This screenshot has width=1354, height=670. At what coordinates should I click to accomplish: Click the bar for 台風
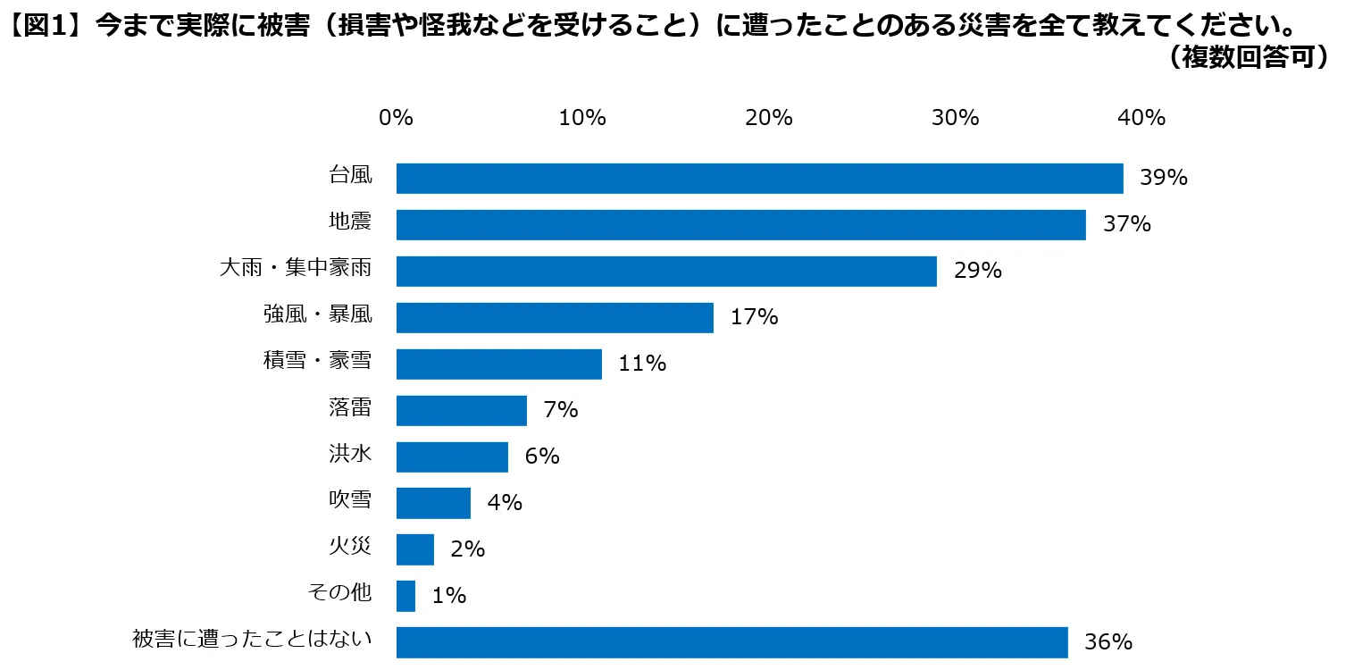pos(759,179)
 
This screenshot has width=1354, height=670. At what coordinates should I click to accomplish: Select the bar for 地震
pos(740,225)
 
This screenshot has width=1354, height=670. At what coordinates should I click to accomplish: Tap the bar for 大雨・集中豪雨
pos(666,272)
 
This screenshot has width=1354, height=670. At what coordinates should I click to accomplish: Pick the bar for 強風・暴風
pos(555,318)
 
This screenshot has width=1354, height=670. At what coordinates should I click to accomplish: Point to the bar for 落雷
pos(461,411)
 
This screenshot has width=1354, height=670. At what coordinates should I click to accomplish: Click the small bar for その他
pos(405,596)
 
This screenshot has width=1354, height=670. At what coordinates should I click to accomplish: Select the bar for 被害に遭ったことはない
pos(731,642)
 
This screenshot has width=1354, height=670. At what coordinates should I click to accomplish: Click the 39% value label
pos(1163,178)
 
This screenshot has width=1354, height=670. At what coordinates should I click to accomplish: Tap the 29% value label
pos(977,271)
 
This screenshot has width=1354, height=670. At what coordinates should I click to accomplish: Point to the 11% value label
pos(642,364)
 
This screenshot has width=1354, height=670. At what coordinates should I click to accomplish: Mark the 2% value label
pos(467,549)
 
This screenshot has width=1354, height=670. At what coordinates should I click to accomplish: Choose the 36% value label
pos(1108,642)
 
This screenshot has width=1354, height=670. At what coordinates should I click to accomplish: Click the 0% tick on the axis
pos(396,118)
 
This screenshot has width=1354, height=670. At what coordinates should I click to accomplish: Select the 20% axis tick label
pos(769,118)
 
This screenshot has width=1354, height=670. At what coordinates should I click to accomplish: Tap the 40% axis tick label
pos(1142,118)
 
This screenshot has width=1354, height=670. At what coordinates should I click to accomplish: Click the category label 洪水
pos(349,455)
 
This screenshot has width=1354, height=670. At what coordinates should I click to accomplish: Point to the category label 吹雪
pos(349,501)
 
